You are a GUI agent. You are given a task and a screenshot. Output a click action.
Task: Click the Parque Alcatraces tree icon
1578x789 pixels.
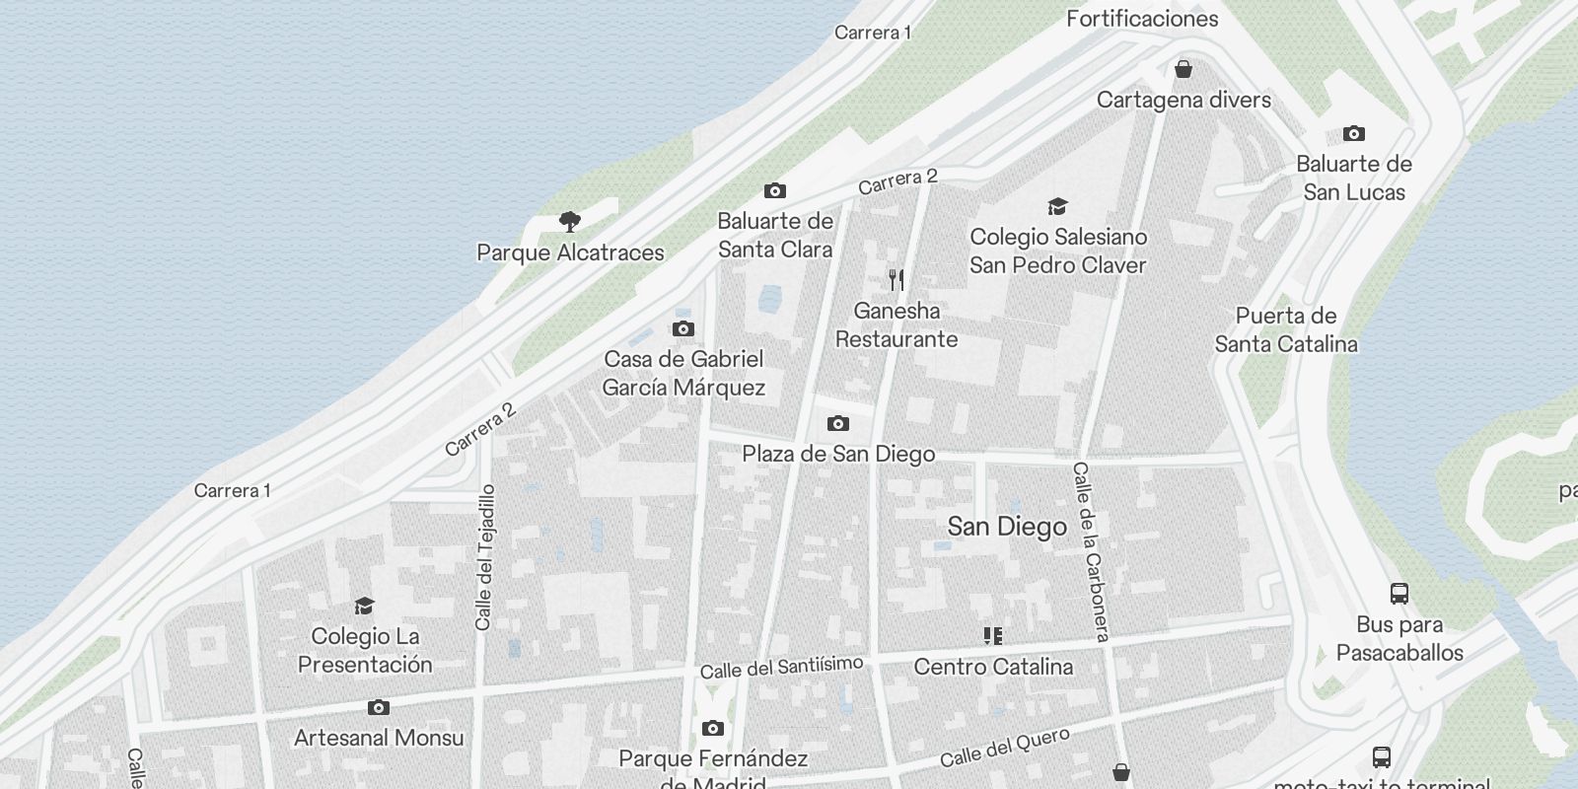tap(569, 221)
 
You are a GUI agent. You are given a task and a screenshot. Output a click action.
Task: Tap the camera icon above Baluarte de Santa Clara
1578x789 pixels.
tap(775, 190)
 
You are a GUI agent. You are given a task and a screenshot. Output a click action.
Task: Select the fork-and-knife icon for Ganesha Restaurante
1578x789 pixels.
tap(896, 280)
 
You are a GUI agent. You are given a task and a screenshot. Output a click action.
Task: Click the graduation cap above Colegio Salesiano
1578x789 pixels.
tap(1057, 206)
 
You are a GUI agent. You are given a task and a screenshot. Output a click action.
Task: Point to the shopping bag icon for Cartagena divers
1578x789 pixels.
tap(1183, 69)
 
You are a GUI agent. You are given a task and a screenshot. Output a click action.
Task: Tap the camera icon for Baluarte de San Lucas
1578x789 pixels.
tap(1354, 133)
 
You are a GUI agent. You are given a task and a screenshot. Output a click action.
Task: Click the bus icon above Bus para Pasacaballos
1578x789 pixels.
tap(1399, 593)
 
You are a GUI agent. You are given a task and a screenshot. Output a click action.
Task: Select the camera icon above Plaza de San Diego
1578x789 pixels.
tap(837, 423)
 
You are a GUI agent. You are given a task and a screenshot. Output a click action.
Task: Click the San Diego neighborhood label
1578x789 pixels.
tap(1007, 527)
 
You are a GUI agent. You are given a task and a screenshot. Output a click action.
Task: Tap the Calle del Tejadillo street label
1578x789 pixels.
tap(485, 557)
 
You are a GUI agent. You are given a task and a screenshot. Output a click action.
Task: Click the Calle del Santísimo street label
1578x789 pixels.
tap(781, 668)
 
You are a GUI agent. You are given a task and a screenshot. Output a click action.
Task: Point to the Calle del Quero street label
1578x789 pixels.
tap(1004, 748)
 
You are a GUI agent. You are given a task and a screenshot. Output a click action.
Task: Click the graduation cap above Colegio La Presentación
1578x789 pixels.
tap(365, 606)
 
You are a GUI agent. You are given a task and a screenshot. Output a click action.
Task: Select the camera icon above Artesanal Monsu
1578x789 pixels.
tap(378, 707)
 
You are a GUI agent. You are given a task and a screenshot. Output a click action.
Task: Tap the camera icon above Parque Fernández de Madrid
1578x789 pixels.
tap(712, 728)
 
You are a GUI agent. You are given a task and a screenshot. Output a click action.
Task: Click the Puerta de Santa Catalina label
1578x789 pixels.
tap(1285, 329)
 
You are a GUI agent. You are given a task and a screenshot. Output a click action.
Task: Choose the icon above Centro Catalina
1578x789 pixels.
tap(993, 636)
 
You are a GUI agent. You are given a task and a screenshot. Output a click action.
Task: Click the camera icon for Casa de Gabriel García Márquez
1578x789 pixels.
tap(682, 328)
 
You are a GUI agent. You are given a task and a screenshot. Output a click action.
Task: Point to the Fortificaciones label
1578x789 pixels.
tap(1142, 18)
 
